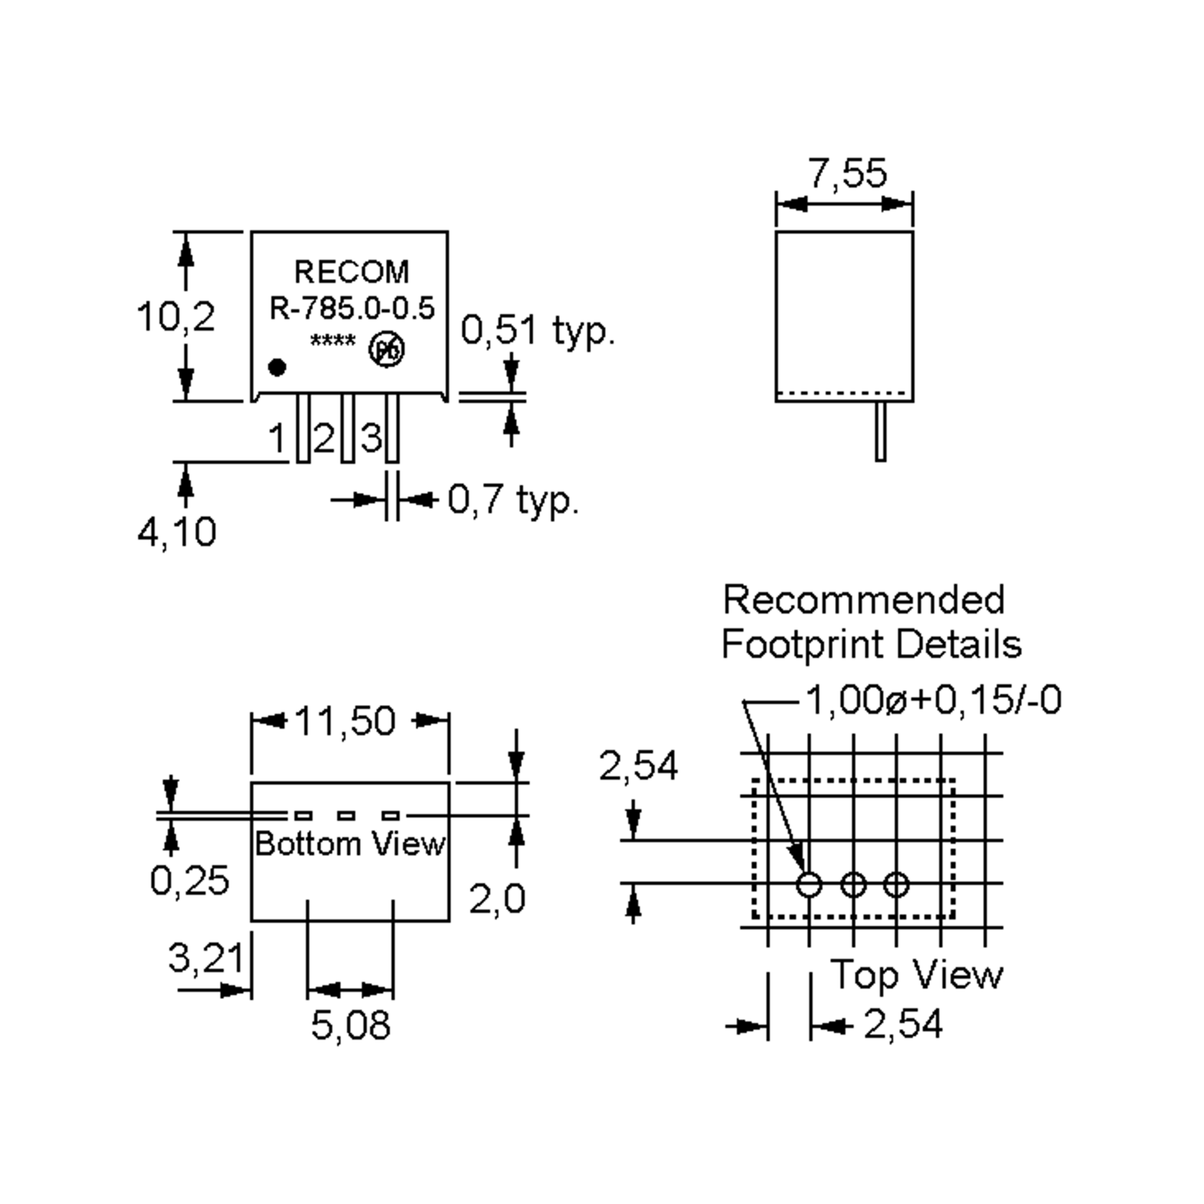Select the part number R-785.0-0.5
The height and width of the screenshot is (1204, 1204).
click(352, 309)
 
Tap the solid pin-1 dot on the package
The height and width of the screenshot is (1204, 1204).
click(277, 368)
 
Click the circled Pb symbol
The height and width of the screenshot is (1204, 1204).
click(387, 350)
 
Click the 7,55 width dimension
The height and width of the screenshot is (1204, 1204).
click(847, 174)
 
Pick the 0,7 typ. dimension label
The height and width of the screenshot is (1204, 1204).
click(513, 499)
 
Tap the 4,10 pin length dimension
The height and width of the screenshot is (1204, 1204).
click(177, 532)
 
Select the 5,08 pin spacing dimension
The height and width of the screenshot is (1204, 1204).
click(351, 1025)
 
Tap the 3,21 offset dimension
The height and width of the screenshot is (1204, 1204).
click(206, 957)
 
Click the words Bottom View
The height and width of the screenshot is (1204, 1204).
click(350, 844)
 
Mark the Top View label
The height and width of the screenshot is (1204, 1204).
click(916, 974)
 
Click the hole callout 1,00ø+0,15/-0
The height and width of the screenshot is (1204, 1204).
click(933, 700)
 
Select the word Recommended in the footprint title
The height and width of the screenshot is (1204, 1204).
click(864, 600)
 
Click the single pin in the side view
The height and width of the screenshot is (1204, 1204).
click(880, 431)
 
